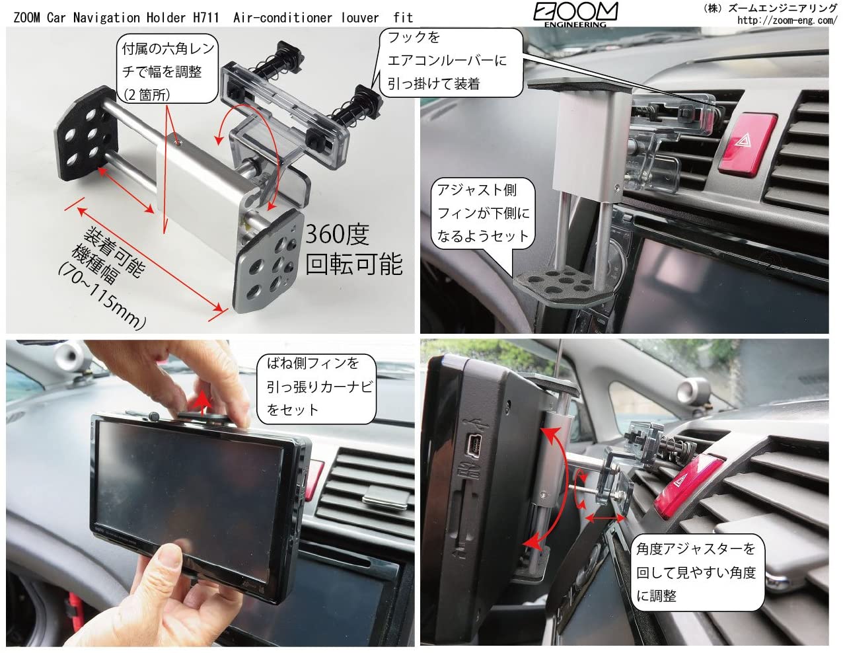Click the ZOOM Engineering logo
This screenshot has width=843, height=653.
(575, 15)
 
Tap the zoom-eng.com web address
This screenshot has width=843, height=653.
(787, 20)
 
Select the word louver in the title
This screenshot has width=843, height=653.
(359, 17)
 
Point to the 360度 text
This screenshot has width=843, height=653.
(337, 235)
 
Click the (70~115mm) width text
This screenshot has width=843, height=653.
(102, 296)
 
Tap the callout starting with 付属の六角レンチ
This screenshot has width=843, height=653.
(168, 70)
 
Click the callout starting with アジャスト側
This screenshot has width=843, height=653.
(483, 213)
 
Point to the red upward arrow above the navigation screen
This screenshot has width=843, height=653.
(203, 404)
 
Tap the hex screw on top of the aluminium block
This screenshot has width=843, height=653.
(178, 143)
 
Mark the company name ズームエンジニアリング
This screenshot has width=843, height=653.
(782, 8)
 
